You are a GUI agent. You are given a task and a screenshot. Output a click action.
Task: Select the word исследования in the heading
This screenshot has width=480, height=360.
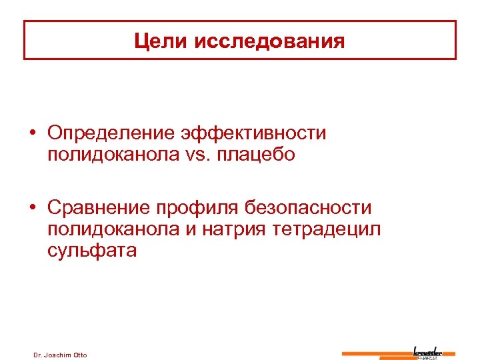pyautogui.click(x=270, y=41)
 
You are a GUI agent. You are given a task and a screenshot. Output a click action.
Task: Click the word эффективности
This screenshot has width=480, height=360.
pyautogui.click(x=254, y=133)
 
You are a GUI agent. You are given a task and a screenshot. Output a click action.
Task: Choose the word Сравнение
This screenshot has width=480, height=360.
pyautogui.click(x=99, y=208)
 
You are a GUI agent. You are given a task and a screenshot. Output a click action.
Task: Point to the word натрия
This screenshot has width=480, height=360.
pyautogui.click(x=224, y=229)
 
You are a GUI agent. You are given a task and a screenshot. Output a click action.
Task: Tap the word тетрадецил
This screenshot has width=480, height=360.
pyautogui.click(x=324, y=229)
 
